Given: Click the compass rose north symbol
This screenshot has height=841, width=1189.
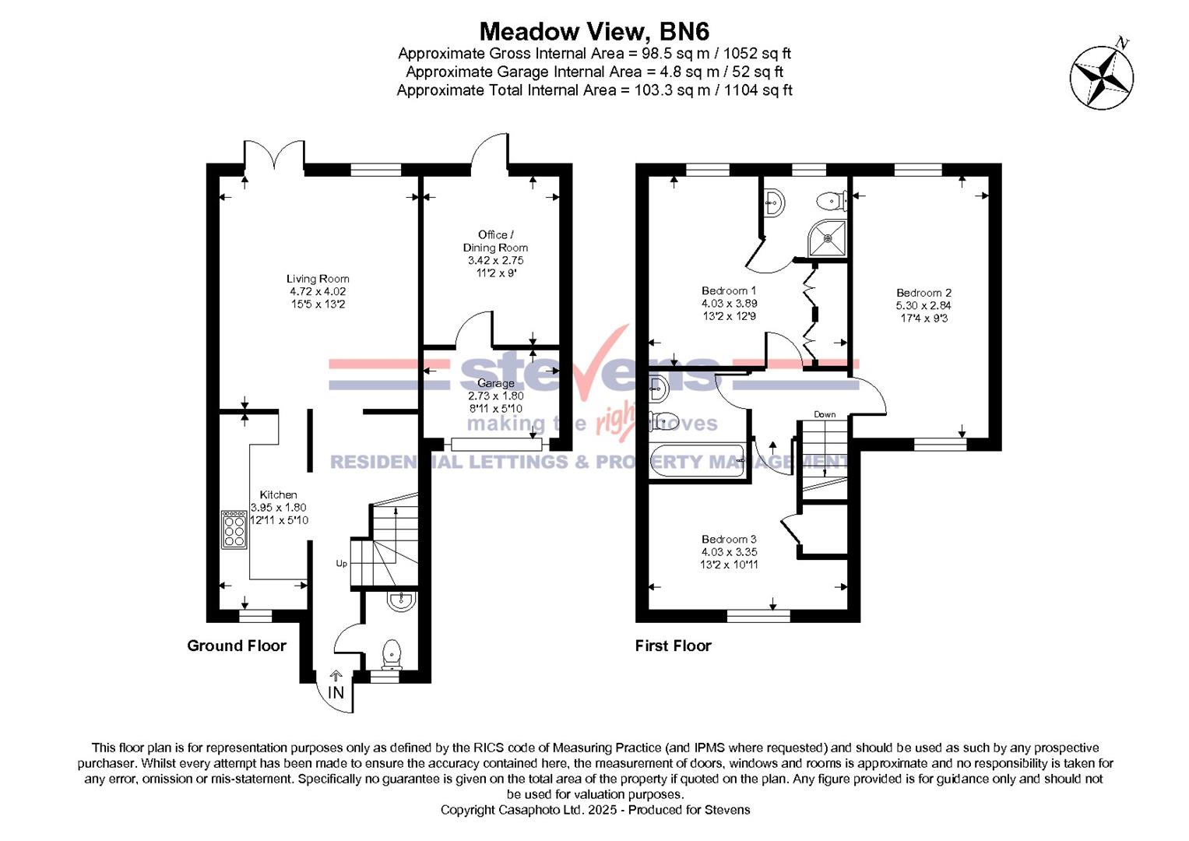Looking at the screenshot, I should pyautogui.click(x=1101, y=76).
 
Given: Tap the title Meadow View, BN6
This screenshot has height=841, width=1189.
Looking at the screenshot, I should pyautogui.click(x=594, y=31).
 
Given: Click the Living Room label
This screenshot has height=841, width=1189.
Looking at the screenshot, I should pyautogui.click(x=318, y=279).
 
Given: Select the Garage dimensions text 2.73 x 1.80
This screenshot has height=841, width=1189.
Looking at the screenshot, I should pyautogui.click(x=496, y=396).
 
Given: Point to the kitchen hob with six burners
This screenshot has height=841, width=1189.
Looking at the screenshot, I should pyautogui.click(x=234, y=530).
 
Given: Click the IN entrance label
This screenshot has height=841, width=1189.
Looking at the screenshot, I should pyautogui.click(x=336, y=692).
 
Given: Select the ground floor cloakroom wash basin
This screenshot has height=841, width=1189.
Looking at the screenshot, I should pyautogui.click(x=402, y=600).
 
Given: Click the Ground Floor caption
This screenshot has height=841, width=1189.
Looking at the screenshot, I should pyautogui.click(x=237, y=646).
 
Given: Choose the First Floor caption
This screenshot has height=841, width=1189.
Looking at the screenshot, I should pyautogui.click(x=673, y=646).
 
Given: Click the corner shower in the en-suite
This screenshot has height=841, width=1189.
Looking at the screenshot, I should pyautogui.click(x=826, y=238).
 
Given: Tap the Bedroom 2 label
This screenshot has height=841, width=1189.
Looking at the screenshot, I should pyautogui.click(x=923, y=293).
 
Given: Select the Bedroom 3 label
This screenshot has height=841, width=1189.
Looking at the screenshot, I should pyautogui.click(x=729, y=539).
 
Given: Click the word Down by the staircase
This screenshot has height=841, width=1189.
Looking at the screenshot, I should pyautogui.click(x=825, y=414).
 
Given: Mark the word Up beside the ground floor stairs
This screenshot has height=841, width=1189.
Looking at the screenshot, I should pyautogui.click(x=341, y=563).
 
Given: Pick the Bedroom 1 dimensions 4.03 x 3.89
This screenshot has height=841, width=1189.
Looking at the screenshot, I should pyautogui.click(x=729, y=304).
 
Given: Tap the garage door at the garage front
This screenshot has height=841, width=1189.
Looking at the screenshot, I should pyautogui.click(x=496, y=444).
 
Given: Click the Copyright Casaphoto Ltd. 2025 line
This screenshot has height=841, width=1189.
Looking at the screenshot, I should pyautogui.click(x=595, y=810).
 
